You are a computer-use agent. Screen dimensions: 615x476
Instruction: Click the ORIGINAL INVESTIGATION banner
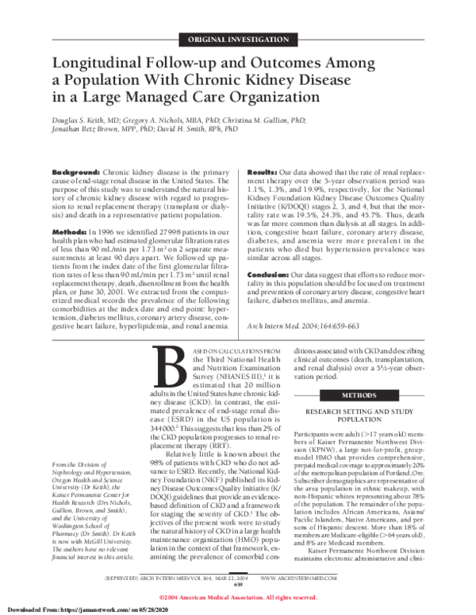tap(238, 38)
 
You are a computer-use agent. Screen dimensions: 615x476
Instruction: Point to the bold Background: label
tap(75, 171)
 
